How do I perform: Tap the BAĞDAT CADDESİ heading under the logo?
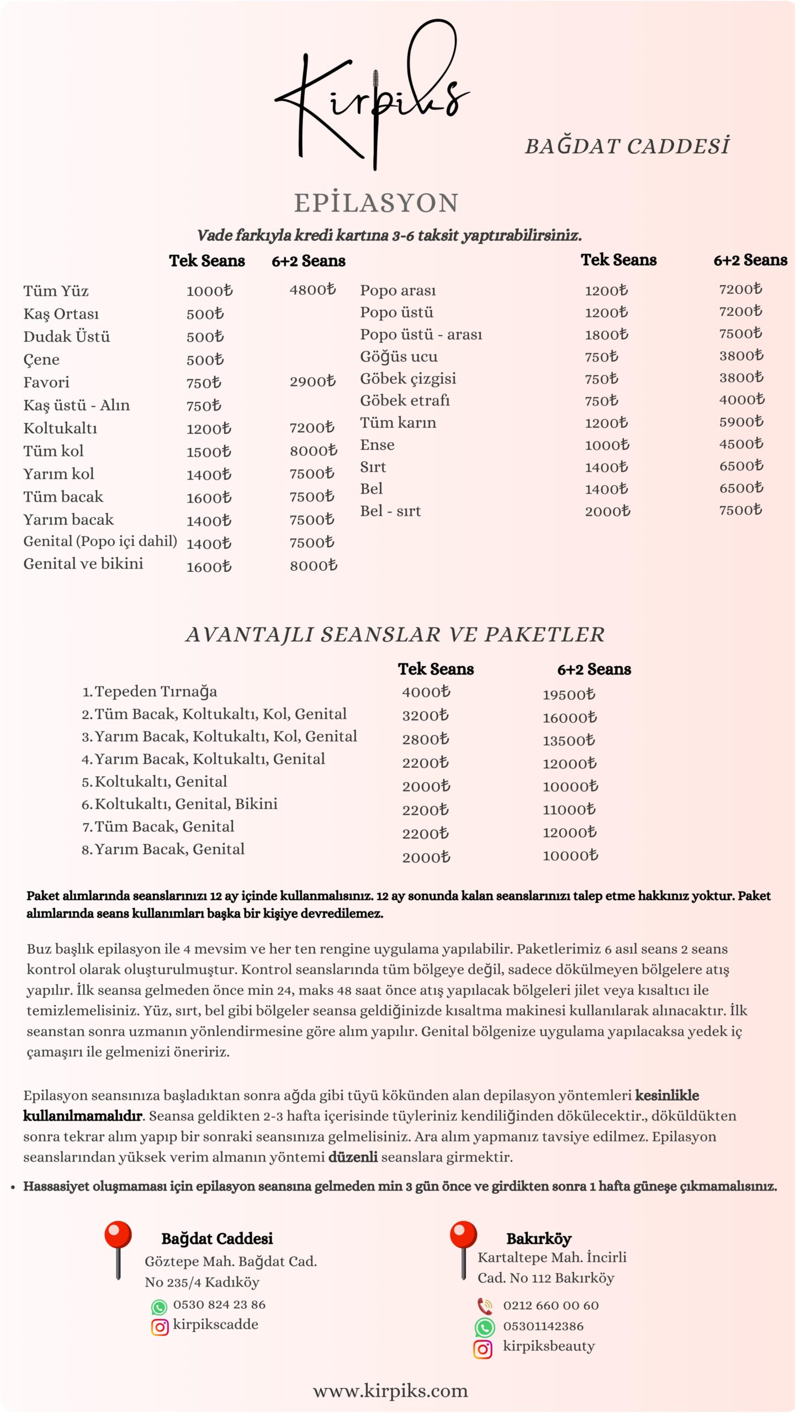click(x=627, y=146)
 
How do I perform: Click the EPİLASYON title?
click(x=376, y=203)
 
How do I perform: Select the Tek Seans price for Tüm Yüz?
click(x=209, y=291)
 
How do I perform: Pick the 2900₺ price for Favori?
click(x=312, y=381)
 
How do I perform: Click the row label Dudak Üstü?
click(x=66, y=337)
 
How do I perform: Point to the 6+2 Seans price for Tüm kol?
click(x=313, y=451)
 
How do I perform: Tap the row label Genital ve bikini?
click(x=83, y=564)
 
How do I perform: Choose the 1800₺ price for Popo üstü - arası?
click(x=606, y=334)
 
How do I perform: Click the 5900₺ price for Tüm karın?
click(x=741, y=422)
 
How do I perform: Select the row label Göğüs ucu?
click(x=399, y=357)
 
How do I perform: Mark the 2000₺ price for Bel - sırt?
click(x=607, y=511)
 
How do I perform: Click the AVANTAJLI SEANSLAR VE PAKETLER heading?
click(x=395, y=635)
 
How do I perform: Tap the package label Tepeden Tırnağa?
click(x=156, y=692)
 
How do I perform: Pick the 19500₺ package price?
click(x=569, y=694)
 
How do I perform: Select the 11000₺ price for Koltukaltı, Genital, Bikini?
click(x=569, y=810)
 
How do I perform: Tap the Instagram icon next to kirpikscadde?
click(x=160, y=1327)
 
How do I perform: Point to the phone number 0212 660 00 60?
click(x=550, y=1306)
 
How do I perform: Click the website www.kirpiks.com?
click(x=390, y=1391)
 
